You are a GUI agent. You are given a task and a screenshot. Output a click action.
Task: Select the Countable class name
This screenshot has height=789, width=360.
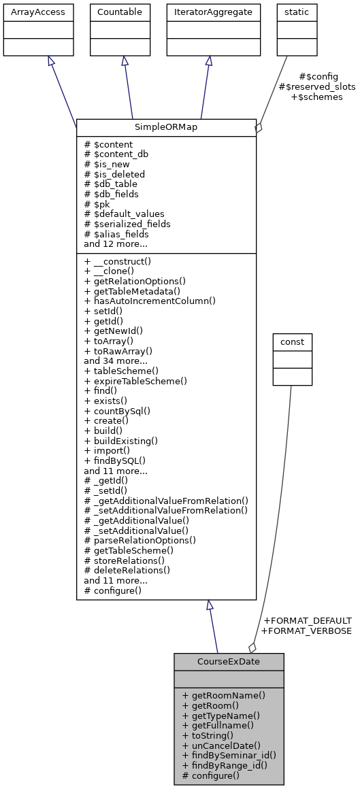point(121,12)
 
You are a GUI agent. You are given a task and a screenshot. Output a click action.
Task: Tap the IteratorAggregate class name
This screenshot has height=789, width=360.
point(214,12)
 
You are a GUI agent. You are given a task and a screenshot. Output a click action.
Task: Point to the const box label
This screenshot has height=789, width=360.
point(292,341)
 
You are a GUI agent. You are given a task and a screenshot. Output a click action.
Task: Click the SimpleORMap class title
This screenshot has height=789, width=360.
point(166,128)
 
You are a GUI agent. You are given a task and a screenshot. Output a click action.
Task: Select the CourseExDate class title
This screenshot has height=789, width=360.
point(229,661)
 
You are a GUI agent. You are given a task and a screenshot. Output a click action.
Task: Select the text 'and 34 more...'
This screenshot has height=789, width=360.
point(116,361)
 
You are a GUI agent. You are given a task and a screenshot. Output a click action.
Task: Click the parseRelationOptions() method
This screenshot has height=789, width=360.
point(140,541)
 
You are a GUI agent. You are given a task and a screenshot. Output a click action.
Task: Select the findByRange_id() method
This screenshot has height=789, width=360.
point(225,765)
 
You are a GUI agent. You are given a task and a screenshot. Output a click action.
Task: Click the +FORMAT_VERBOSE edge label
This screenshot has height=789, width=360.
point(306,631)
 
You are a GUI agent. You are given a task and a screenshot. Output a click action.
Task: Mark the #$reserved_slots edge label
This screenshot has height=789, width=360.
point(311,86)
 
